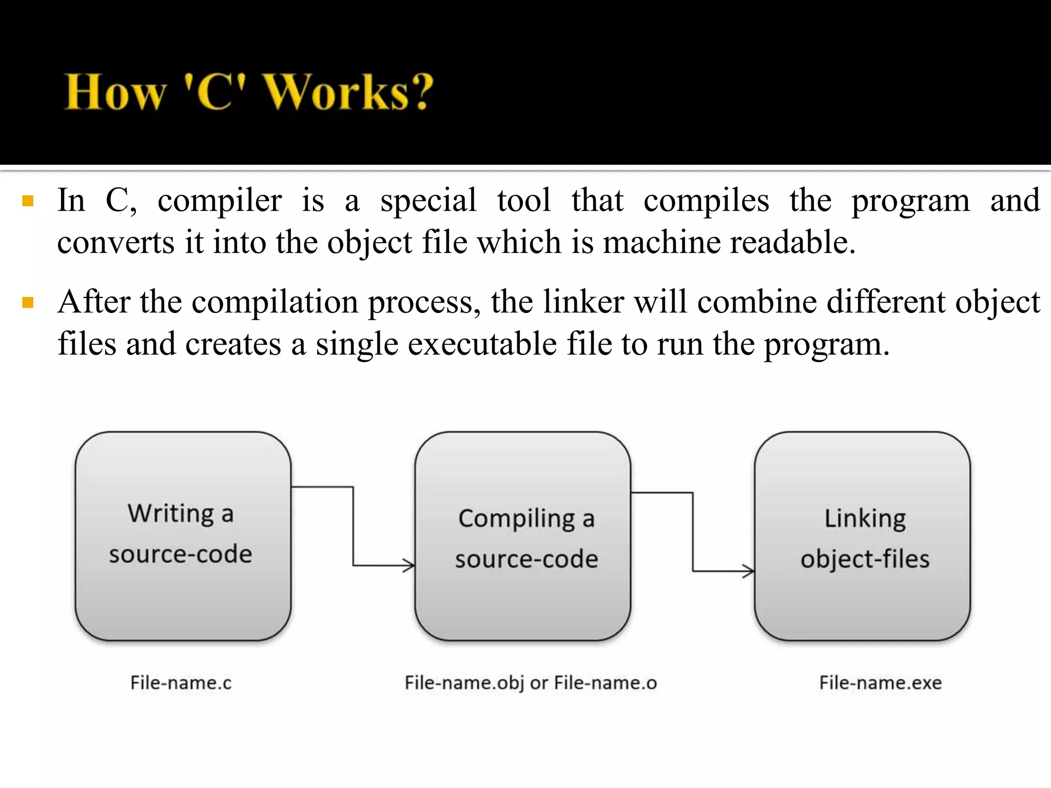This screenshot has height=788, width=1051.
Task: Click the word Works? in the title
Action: point(349,92)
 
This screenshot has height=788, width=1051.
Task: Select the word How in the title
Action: point(115,92)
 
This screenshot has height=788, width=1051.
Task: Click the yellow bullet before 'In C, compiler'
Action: point(28,201)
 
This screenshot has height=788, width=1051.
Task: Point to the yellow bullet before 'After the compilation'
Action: point(28,302)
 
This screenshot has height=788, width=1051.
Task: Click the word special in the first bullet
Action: point(428,201)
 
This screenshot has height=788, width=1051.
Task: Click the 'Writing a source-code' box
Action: point(183,536)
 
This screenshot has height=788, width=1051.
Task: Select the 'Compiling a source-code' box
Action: point(523,536)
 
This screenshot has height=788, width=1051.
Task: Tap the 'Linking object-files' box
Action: point(862,536)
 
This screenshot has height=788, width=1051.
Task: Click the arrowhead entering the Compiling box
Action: point(410,565)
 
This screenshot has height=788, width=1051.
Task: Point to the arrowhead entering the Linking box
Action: point(749,570)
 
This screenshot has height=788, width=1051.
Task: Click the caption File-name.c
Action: point(181,683)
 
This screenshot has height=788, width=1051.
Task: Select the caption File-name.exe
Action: point(880,683)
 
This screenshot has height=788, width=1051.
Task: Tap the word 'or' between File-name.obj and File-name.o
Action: point(539,683)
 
